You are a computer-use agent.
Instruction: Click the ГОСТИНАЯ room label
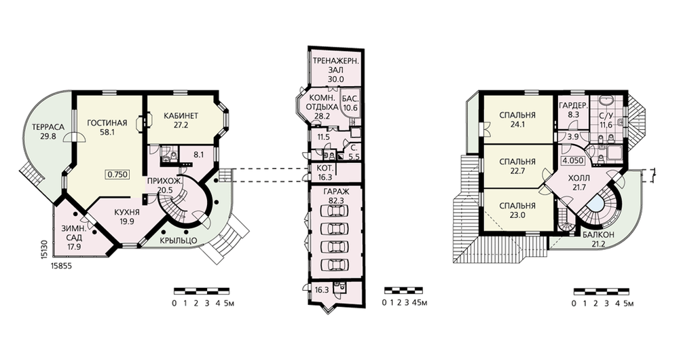pos(107,123)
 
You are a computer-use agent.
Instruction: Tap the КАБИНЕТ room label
pos(181,115)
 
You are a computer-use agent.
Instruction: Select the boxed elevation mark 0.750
pos(117,175)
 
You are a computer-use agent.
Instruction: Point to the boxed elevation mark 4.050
pos(573,160)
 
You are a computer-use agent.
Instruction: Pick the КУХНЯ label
pos(127,213)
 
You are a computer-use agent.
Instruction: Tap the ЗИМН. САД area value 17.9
pos(73,247)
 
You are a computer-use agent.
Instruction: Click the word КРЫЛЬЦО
pos(179,240)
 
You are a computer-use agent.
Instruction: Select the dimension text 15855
pos(61,266)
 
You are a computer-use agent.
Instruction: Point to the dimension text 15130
pos(45,250)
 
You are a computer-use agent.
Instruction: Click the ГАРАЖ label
pos(336,192)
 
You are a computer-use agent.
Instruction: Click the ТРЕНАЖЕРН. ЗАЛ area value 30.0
pos(335,79)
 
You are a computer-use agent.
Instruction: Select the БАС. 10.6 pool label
pos(350,103)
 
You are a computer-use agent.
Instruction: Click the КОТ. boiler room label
pos(325,168)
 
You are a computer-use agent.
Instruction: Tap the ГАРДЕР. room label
pos(573,106)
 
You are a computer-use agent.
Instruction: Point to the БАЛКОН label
pos(598,235)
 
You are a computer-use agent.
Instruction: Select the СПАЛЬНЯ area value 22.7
pos(517,170)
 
